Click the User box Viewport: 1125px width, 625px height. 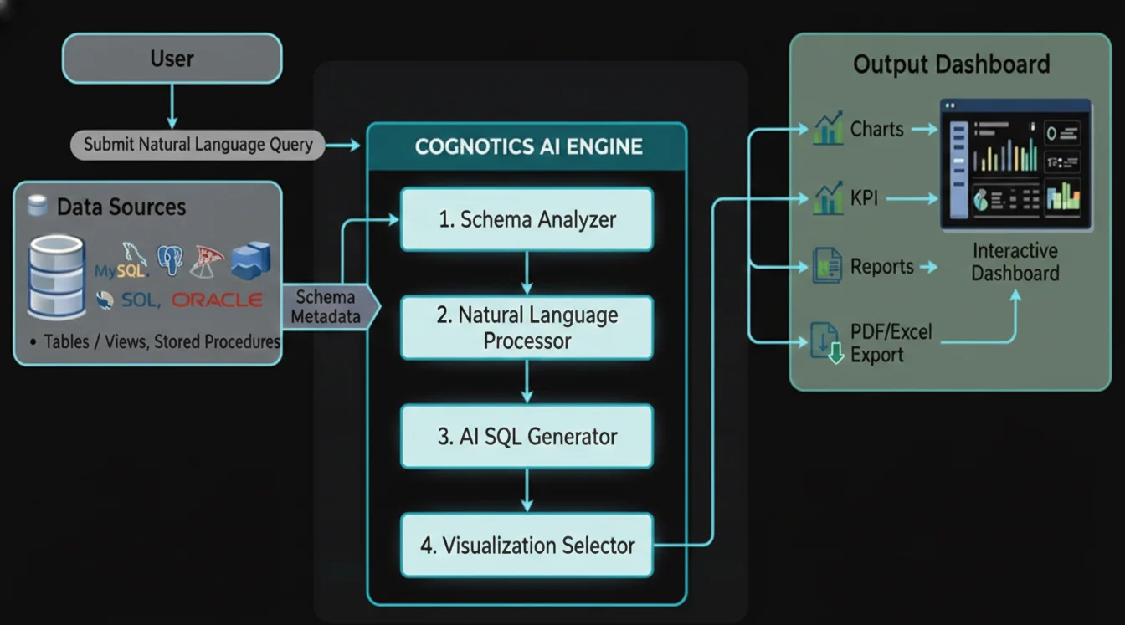[172, 59]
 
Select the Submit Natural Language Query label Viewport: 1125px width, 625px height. [198, 145]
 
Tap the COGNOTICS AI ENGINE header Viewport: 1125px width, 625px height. [527, 147]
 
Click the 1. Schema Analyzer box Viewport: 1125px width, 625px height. [527, 219]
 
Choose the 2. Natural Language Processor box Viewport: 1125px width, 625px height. [527, 327]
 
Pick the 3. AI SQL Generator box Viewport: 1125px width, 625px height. [527, 436]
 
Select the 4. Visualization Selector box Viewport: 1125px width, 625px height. [527, 546]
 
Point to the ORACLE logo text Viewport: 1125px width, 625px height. [217, 300]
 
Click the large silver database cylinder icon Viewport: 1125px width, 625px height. [57, 276]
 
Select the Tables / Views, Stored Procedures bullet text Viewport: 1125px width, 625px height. [156, 341]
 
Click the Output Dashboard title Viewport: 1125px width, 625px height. [951, 64]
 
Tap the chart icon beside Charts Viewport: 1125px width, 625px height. [827, 130]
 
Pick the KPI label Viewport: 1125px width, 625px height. [864, 199]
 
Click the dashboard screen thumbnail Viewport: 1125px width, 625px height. [1015, 164]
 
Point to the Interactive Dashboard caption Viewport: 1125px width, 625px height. [1015, 262]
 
